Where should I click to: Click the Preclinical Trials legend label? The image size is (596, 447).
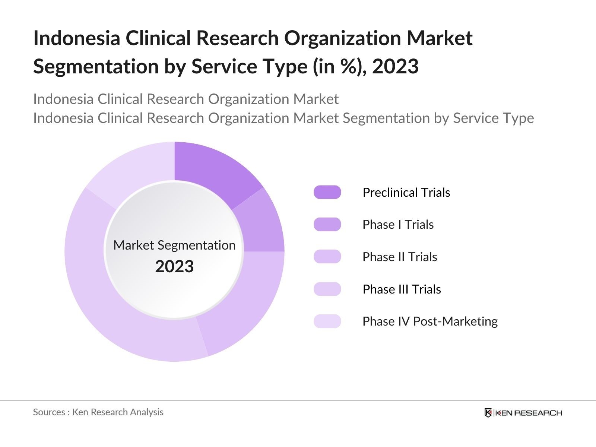tap(406, 192)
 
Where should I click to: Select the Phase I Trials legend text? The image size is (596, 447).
tap(398, 225)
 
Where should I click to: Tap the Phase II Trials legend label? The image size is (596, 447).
tap(399, 257)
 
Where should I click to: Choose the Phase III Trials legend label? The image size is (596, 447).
tap(402, 289)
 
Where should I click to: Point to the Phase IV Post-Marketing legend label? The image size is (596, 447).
tap(430, 321)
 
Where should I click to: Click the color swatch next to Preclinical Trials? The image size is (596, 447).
tap(327, 192)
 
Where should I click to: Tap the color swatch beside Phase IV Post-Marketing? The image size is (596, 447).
tap(327, 321)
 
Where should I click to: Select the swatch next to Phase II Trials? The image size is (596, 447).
tap(327, 257)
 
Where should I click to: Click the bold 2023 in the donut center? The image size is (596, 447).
tap(174, 267)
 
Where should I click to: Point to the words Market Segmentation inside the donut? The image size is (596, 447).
tap(174, 245)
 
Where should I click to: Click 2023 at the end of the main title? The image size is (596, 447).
tap(395, 66)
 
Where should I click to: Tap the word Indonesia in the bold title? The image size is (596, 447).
tap(76, 38)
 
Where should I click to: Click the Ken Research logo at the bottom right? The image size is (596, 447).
tap(523, 413)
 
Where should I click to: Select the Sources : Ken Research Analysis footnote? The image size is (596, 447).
tap(98, 412)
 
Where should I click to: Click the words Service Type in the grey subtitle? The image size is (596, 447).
tap(493, 118)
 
